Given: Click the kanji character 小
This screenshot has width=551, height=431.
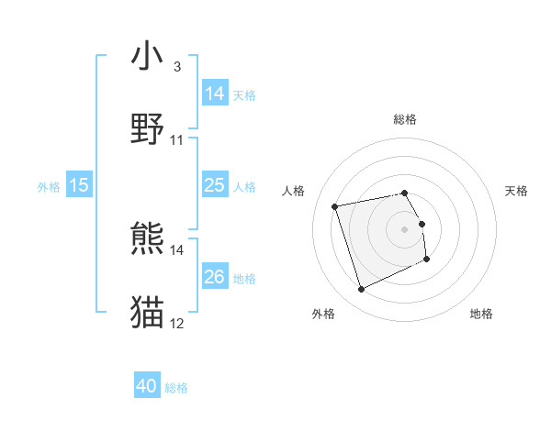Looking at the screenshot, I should pos(148,56).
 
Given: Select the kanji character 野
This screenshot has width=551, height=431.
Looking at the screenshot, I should pos(148,129).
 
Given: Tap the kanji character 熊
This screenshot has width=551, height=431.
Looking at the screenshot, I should pos(148,240).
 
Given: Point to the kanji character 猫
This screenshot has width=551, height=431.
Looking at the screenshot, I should pos(148,313).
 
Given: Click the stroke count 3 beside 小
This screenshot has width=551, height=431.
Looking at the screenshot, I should pos(176,66).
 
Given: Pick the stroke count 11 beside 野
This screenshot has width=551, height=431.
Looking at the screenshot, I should pos(177,139).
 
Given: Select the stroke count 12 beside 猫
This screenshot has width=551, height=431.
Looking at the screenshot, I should pos(177,323).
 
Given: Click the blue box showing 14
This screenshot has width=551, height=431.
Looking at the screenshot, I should pos(215,94).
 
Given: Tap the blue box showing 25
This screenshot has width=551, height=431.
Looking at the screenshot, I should pos(215,185).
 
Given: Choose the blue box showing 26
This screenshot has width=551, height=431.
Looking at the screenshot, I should pos(215,277).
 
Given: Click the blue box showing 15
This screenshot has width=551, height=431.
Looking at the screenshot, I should pos(79,185).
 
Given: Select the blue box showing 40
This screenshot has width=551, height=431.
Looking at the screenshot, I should pos(147,387).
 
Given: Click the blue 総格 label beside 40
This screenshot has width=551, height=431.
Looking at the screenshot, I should pos(176,388).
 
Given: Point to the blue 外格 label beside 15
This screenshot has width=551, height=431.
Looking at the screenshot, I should pos(49,186).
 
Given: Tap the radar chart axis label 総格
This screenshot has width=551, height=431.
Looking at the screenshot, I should pos(405,119).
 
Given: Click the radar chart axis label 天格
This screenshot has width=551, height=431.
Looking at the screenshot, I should pos(517,191).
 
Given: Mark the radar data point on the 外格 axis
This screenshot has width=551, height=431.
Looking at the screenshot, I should pos(361,290).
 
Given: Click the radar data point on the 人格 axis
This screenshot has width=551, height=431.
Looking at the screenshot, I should pos(335,205).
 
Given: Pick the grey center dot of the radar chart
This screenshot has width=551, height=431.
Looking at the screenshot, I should pos(405,228).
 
